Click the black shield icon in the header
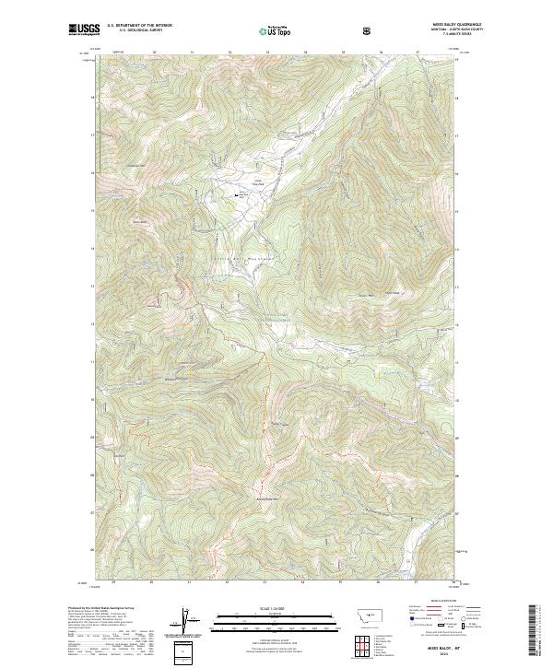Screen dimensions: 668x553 (x=369, y=31)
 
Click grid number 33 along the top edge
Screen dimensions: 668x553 (x=266, y=53)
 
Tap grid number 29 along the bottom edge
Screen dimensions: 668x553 (x=113, y=582)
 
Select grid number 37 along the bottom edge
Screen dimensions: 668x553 (x=417, y=582)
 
